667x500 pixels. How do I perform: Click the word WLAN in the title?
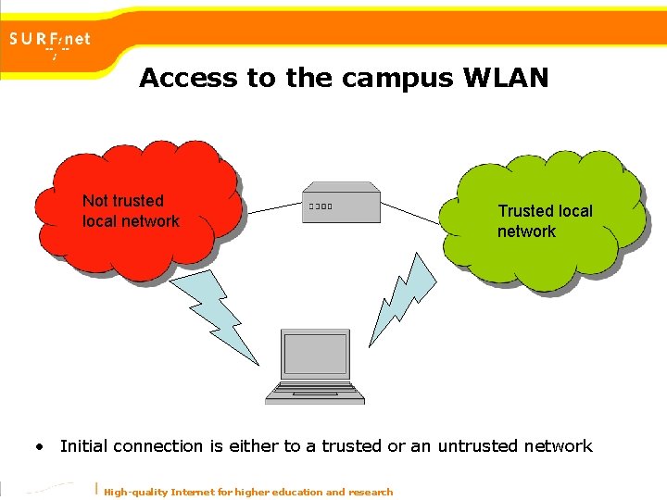(509, 79)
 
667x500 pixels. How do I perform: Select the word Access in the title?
(188, 79)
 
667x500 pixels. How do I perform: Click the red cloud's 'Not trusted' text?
(123, 201)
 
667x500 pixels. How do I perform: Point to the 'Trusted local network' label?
(545, 221)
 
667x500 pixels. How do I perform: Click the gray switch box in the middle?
(340, 205)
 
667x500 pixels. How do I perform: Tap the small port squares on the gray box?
(321, 206)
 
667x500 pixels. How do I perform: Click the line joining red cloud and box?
(273, 207)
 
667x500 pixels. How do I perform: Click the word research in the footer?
(370, 492)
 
